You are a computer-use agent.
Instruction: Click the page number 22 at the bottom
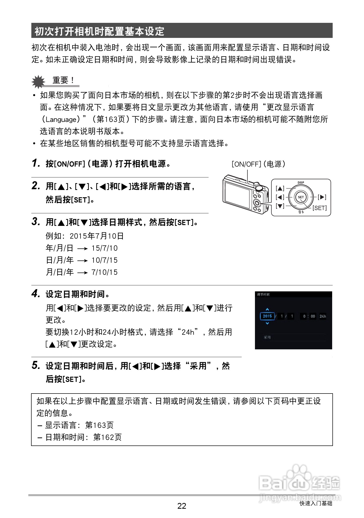click(182, 506)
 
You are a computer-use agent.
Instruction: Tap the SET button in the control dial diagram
click(301, 197)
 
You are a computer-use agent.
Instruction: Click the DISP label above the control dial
click(301, 183)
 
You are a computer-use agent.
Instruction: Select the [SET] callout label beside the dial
click(320, 208)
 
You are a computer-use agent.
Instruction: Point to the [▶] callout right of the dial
click(322, 197)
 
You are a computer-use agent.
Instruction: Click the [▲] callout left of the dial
click(280, 188)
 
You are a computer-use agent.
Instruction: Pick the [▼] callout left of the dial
click(280, 206)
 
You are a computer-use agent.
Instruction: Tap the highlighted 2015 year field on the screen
click(267, 316)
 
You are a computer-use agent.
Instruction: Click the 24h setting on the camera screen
click(323, 316)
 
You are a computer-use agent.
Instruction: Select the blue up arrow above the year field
click(267, 309)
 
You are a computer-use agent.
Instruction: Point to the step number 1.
click(36, 163)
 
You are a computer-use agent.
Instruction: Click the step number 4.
click(36, 294)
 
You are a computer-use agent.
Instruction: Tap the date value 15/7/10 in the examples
click(105, 248)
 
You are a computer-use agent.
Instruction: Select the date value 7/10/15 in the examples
click(105, 272)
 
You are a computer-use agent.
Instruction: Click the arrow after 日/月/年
click(82, 261)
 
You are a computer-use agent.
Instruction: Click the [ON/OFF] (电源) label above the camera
click(258, 164)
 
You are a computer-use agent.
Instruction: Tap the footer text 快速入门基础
click(316, 503)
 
